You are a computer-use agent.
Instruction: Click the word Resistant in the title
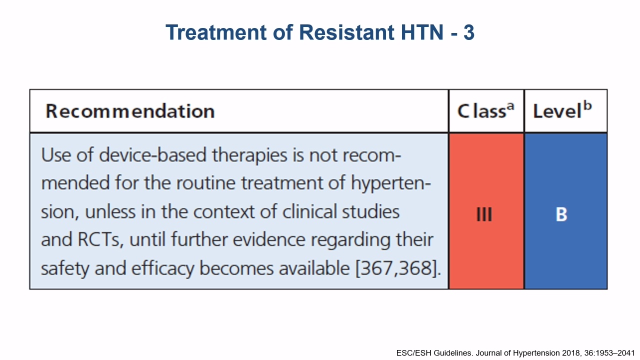pos(346,32)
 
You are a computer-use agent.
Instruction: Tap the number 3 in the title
pos(469,32)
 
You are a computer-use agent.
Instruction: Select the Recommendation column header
pos(130,111)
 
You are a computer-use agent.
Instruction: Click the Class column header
pos(485,110)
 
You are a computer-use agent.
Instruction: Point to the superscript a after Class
pos(510,106)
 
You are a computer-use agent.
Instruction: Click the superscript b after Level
pos(587,105)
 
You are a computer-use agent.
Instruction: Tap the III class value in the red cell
pos(484,214)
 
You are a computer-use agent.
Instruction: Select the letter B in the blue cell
pos(561,214)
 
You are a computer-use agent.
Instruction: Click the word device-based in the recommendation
pos(152,155)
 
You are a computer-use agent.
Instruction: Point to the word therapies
pos(249,156)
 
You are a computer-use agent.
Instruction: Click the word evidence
pos(269,239)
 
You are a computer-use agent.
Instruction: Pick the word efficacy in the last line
pos(162,269)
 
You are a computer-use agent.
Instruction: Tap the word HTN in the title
pos(422,32)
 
